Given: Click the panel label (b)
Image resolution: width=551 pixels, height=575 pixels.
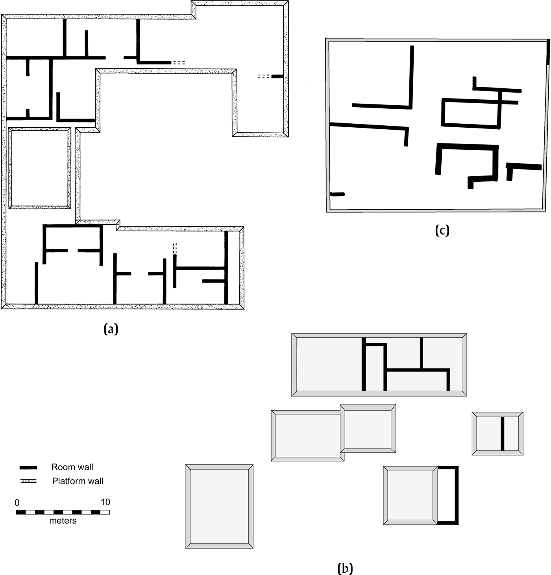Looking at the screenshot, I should tap(345, 568).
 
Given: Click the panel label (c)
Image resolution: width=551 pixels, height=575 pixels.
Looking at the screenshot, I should tap(442, 230).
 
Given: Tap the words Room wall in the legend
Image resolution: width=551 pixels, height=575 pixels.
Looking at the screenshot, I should tap(72, 467).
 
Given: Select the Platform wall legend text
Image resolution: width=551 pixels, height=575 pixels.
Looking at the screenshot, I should tap(78, 481).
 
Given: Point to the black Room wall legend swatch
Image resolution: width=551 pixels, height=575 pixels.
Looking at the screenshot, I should tap(28, 468).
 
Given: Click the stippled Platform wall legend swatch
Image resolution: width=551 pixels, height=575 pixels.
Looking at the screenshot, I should tap(28, 481).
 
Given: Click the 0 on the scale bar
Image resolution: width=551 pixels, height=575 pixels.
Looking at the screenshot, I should tap(17, 503).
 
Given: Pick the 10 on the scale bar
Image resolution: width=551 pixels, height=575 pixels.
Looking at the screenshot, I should tap(105, 502).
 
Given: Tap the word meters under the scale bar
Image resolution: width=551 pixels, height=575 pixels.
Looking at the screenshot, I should tap(63, 521).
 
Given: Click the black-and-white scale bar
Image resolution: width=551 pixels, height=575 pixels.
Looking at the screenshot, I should tap(63, 512).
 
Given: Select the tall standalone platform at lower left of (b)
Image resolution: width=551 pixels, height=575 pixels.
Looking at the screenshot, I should tap(219, 506).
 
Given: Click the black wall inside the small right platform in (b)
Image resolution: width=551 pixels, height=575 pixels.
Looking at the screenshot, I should tap(503, 434).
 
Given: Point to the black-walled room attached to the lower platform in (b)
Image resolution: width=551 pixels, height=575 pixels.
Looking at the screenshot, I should tap(447, 495).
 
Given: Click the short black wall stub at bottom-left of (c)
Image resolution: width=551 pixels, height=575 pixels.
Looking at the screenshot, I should tap(338, 194).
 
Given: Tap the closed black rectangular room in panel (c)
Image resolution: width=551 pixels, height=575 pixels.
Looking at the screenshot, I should tap(471, 113).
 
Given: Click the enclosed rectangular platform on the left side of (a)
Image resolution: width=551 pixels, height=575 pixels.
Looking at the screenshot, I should tap(40, 168).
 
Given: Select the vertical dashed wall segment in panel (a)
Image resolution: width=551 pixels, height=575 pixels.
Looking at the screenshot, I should tap(175, 249).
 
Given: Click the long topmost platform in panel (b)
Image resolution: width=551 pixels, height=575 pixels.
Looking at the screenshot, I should tap(379, 365).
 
